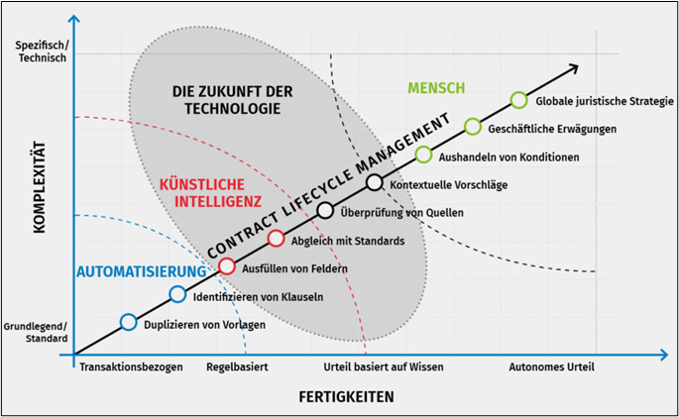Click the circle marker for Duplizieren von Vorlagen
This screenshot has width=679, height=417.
pos(128,322)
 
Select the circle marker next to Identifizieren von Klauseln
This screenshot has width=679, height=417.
pos(177,294)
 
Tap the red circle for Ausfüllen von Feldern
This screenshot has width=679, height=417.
pos(226,266)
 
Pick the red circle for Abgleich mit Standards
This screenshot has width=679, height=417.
pos(276,239)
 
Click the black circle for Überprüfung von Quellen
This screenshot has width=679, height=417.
pos(325,211)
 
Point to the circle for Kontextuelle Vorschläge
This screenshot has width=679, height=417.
pos(375,182)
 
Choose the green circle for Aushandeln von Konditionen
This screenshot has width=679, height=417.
pos(423,155)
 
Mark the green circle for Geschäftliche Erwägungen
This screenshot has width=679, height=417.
pos(473,127)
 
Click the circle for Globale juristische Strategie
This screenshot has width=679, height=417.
pos(518,100)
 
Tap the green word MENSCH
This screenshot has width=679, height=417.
pos(436,88)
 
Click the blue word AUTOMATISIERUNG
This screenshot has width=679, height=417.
pos(142,271)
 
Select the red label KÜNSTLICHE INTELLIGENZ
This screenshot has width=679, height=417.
pos(210,193)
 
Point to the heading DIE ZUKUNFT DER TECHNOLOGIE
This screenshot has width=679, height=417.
pos(233,100)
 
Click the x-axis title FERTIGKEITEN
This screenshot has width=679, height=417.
pos(346,396)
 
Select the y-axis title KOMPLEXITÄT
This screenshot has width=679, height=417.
pos(40,187)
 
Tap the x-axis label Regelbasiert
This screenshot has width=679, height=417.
pos(237,367)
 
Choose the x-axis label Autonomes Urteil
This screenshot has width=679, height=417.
pos(552,367)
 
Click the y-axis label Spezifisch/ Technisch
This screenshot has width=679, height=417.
pos(42,52)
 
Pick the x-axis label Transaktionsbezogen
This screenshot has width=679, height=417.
pos(131,367)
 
